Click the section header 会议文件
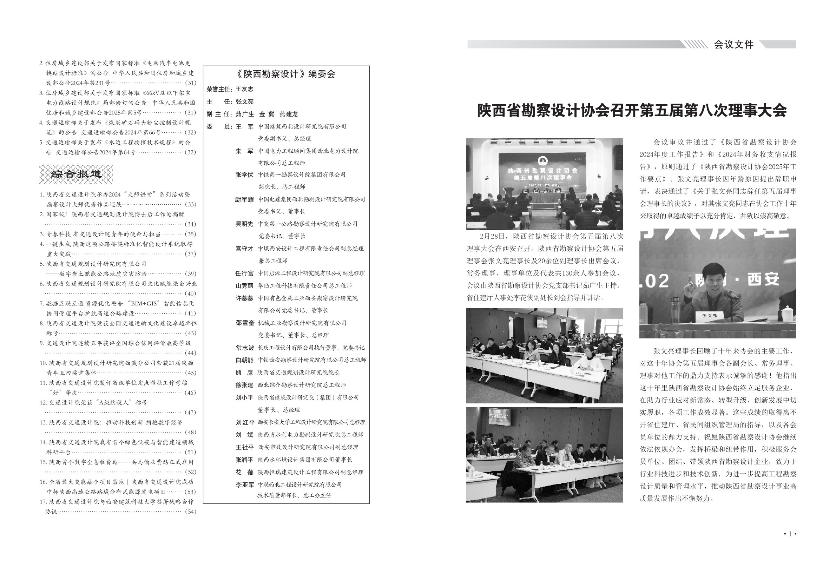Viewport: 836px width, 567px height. [x=733, y=45]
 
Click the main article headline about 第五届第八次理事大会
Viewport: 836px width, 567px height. [x=632, y=111]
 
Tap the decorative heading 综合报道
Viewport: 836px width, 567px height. [x=76, y=174]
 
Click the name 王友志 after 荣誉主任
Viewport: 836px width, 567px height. [x=244, y=89]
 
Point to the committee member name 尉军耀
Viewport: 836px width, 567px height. [x=244, y=199]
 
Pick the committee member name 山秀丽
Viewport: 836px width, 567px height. [x=244, y=286]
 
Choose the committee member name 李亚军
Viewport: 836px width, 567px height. [x=245, y=484]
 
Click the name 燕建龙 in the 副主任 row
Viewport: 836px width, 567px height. [x=289, y=114]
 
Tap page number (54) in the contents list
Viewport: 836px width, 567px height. [x=190, y=511]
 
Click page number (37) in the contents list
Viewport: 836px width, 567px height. [x=190, y=253]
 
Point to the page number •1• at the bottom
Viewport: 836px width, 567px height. [x=790, y=534]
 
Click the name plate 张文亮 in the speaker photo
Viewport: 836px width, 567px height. [x=709, y=315]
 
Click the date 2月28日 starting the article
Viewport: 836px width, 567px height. [x=491, y=236]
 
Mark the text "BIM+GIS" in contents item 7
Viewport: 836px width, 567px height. [x=143, y=303]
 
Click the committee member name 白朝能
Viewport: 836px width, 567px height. [x=244, y=360]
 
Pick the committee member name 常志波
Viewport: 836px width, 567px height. [x=245, y=348]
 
